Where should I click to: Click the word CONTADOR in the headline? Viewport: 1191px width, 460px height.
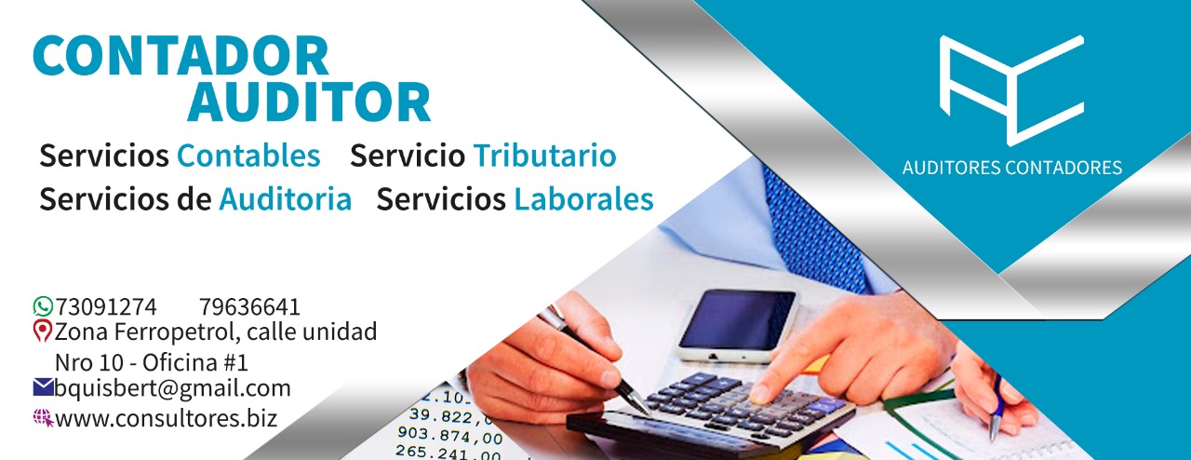click(x=181, y=57)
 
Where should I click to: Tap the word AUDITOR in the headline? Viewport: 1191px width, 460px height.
click(x=308, y=101)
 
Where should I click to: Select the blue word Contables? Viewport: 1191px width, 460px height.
click(x=248, y=156)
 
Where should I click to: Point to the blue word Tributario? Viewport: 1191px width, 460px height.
click(x=545, y=156)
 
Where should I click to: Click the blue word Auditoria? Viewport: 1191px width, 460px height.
click(x=286, y=199)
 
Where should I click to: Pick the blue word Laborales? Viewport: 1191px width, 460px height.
click(x=583, y=199)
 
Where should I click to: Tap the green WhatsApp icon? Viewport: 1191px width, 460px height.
click(x=43, y=306)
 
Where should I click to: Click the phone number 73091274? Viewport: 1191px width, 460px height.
click(x=106, y=307)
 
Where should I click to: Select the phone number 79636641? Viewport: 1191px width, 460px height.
click(x=249, y=307)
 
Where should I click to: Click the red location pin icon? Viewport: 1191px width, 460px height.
click(x=42, y=331)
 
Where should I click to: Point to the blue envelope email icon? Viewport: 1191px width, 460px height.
click(x=43, y=387)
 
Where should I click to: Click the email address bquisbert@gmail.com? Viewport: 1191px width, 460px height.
click(x=173, y=388)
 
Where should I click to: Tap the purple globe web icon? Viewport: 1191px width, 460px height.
click(x=44, y=418)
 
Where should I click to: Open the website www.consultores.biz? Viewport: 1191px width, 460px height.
click(x=167, y=418)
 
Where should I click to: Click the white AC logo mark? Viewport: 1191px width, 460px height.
click(x=1011, y=90)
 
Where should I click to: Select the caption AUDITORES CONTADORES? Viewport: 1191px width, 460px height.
click(x=1011, y=168)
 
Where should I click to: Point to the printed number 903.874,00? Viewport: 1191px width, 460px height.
click(x=449, y=435)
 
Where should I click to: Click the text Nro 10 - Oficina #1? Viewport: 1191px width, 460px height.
click(x=152, y=363)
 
